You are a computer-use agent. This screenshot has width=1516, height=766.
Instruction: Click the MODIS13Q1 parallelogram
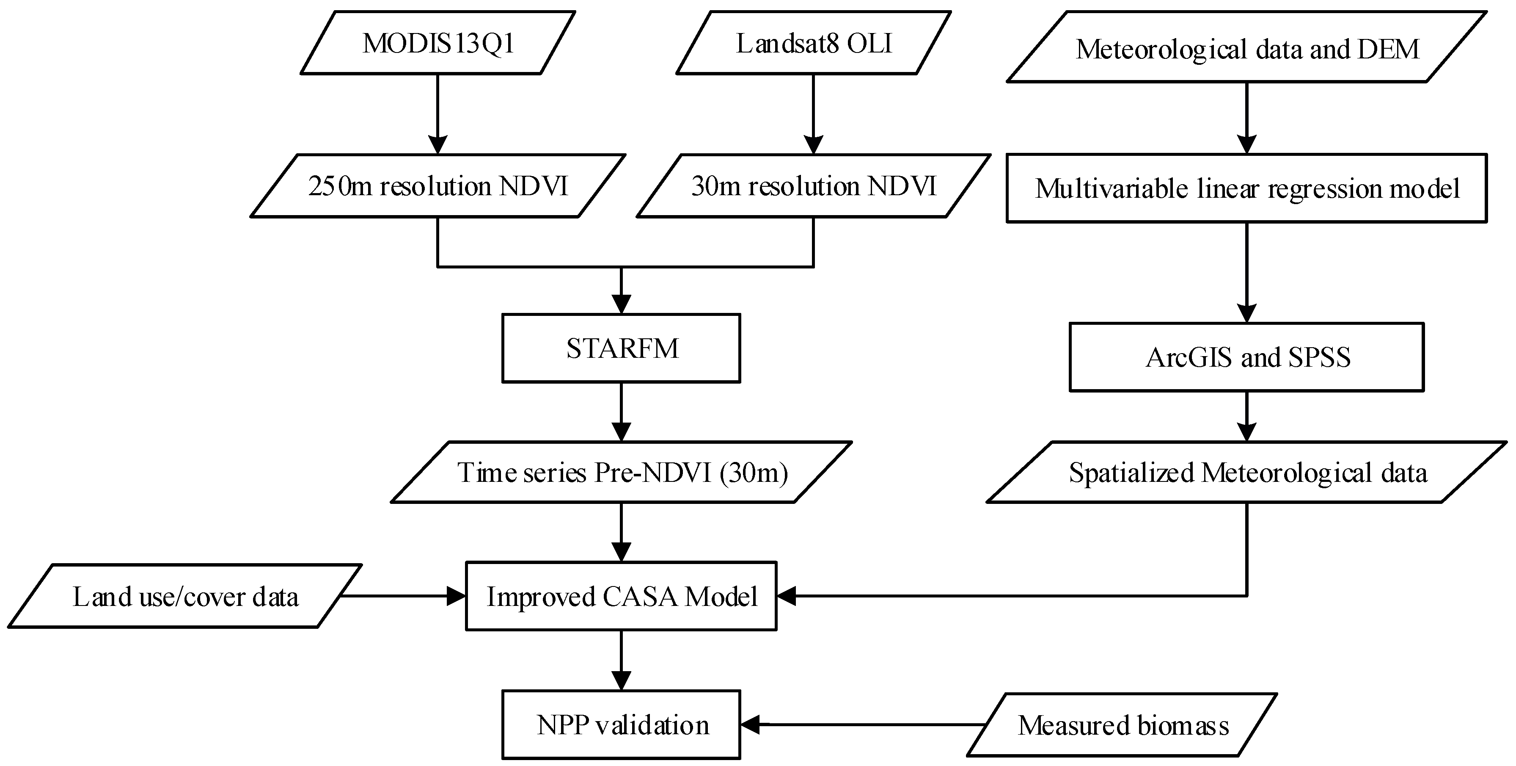438,43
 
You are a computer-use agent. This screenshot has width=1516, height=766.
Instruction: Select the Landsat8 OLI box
813,43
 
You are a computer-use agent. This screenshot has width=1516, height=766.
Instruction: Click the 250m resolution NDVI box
438,186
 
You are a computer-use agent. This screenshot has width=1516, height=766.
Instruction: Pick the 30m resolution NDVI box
813,186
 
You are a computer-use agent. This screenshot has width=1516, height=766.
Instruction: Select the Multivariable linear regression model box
1246,188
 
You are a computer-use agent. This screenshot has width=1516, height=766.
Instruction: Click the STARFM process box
622,348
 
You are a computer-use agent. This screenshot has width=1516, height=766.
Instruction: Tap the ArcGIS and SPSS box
1246,357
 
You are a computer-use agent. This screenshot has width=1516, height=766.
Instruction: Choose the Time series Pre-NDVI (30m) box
622,472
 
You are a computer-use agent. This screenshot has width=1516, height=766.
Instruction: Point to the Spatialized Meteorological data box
1246,472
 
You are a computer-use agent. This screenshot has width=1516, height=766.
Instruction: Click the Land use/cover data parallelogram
185,597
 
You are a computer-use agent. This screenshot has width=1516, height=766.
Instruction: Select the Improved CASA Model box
622,597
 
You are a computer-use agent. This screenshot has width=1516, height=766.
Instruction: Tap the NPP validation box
622,725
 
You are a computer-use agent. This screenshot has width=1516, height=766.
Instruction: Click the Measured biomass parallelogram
1123,725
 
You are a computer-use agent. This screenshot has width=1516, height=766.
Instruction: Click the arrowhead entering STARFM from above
622,304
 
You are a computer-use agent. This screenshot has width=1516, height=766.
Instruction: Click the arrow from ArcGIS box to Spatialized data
1246,416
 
